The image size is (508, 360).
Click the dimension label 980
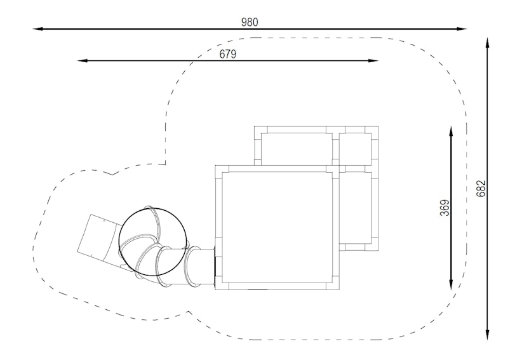[250, 22]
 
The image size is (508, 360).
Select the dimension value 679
[228, 54]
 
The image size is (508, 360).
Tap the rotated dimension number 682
[481, 189]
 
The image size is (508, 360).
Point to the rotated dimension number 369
[445, 208]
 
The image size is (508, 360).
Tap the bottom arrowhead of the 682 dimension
[487, 335]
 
